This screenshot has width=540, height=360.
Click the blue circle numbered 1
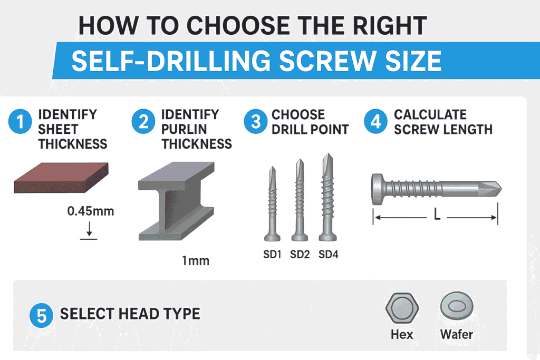(x=20, y=121)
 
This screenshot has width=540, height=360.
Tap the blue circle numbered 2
(x=143, y=121)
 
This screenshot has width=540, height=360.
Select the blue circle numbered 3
(x=256, y=121)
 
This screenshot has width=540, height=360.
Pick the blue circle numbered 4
(x=375, y=121)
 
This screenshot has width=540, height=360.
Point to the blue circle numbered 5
(x=41, y=315)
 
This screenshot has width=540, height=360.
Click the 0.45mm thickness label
(x=91, y=211)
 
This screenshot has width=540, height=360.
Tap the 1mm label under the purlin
(x=196, y=261)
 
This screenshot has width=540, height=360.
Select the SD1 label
(x=272, y=255)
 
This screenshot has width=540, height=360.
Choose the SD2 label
(x=300, y=255)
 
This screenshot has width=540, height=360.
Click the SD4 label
(x=328, y=255)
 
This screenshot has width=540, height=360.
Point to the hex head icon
(x=402, y=308)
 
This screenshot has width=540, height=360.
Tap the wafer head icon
(x=457, y=306)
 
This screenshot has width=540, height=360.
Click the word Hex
(x=402, y=334)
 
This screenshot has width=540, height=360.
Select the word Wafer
(x=457, y=334)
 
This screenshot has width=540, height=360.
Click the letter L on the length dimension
(x=437, y=216)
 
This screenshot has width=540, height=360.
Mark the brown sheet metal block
(x=61, y=178)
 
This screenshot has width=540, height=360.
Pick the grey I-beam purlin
(x=176, y=201)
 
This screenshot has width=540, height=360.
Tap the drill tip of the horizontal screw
(x=502, y=189)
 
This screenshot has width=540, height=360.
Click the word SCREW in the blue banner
(x=327, y=61)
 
